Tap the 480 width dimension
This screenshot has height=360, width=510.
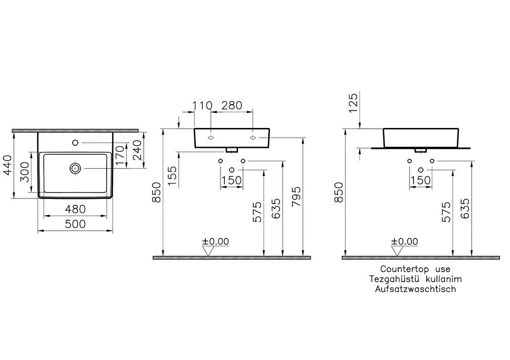75,209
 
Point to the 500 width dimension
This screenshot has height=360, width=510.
75,224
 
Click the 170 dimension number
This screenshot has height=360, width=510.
120,156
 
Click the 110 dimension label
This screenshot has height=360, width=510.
203,105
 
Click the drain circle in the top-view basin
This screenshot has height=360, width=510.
76,168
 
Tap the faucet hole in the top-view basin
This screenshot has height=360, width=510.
76,142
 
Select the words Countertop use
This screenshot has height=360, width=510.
415,269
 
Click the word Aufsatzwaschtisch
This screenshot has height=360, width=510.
415,289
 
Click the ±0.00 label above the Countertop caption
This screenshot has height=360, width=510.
405,242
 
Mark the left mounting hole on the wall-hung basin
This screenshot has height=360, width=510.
211,138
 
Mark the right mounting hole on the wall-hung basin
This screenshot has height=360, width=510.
253,138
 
